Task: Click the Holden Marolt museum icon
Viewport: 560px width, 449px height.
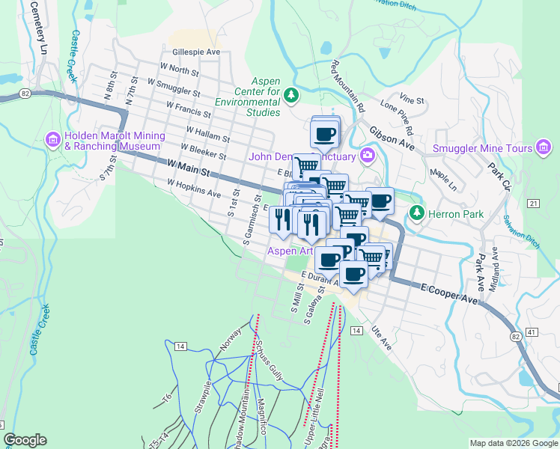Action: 53,139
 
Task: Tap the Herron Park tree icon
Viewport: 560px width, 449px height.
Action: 416,214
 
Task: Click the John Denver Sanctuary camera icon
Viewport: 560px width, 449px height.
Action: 368,156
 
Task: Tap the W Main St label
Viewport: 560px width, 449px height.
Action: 187,168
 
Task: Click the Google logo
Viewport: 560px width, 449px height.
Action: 25,440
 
